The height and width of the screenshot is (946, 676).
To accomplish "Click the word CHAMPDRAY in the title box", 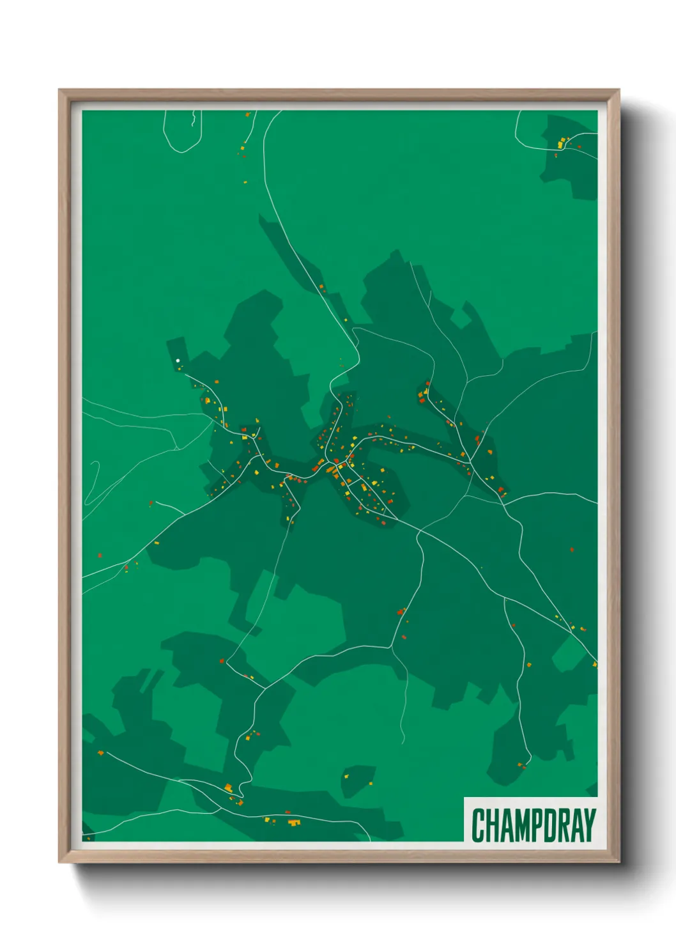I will point(534,825).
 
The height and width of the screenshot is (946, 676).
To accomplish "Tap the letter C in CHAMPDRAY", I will point(478,825).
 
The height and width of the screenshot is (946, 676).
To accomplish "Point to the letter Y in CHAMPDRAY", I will point(590,825).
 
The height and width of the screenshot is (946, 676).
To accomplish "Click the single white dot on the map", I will point(178,361).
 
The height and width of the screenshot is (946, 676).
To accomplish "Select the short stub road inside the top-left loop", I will point(192,119).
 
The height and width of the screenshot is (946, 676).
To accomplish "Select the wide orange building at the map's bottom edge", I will point(294,822).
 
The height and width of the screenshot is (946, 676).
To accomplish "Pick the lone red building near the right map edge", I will point(572,548).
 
